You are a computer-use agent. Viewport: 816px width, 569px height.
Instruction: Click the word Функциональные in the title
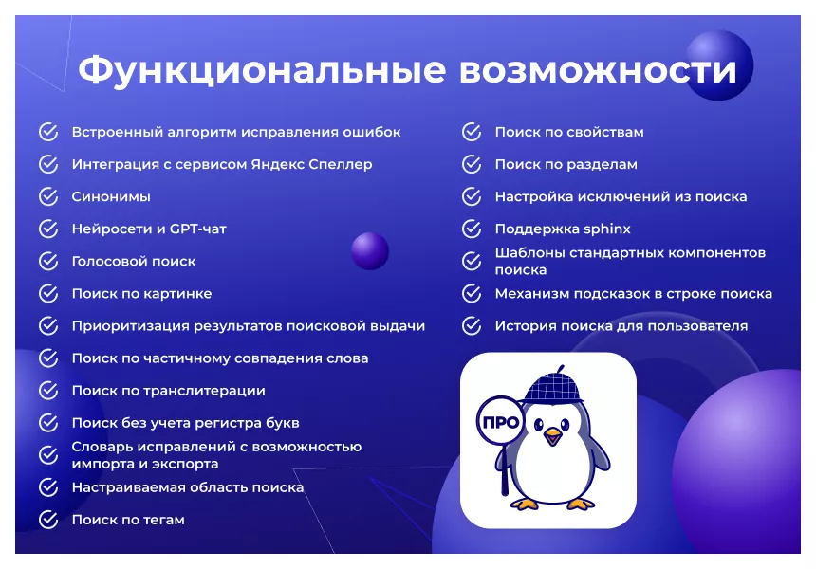[262, 70]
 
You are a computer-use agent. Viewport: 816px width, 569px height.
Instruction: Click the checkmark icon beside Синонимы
[48, 196]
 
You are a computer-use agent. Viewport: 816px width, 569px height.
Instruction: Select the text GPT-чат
[198, 229]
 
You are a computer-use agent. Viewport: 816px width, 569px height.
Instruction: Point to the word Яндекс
[277, 164]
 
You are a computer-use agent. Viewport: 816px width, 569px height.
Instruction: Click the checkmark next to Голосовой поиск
[48, 261]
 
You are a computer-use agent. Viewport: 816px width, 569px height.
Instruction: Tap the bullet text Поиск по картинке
[141, 294]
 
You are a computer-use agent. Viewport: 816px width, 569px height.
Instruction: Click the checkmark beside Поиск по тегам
[48, 520]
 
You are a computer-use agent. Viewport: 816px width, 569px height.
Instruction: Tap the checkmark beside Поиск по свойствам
[472, 132]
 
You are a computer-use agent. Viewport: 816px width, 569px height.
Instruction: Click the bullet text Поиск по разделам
[566, 165]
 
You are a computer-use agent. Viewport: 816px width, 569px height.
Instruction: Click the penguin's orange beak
[552, 436]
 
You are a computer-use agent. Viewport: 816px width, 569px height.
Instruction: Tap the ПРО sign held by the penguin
[500, 421]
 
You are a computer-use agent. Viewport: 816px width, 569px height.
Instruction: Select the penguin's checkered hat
[553, 385]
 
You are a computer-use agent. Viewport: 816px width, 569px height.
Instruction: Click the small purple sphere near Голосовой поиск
[370, 251]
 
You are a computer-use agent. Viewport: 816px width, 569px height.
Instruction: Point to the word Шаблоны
[529, 253]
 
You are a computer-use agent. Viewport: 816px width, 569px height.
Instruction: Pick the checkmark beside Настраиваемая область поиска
[48, 487]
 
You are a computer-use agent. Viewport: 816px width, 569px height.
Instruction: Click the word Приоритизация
[131, 326]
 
